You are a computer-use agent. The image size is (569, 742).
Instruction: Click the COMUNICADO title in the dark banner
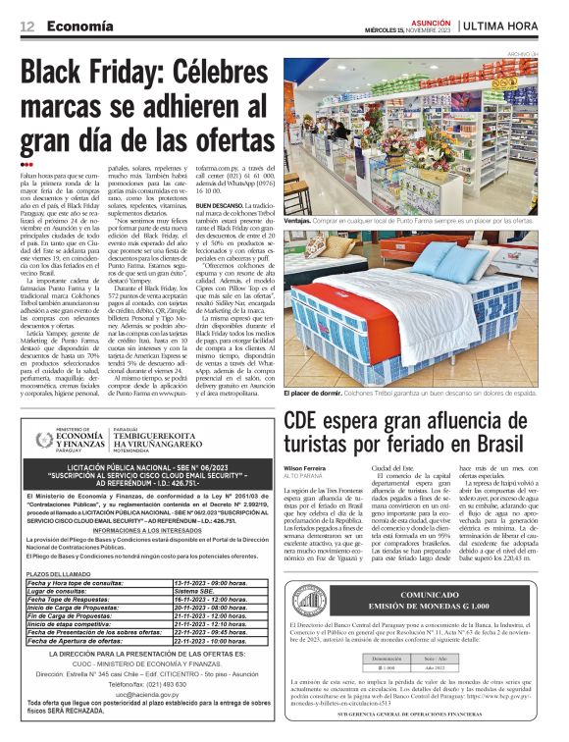(x=423, y=595)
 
